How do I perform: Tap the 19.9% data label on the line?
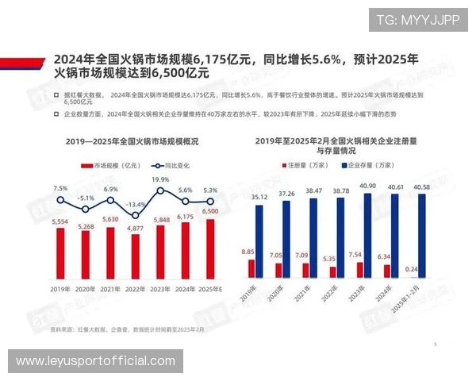(x=160, y=180)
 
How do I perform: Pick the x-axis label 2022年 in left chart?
(x=135, y=290)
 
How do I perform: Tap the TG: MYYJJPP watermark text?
(x=417, y=20)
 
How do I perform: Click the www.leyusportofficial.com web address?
(x=95, y=361)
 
